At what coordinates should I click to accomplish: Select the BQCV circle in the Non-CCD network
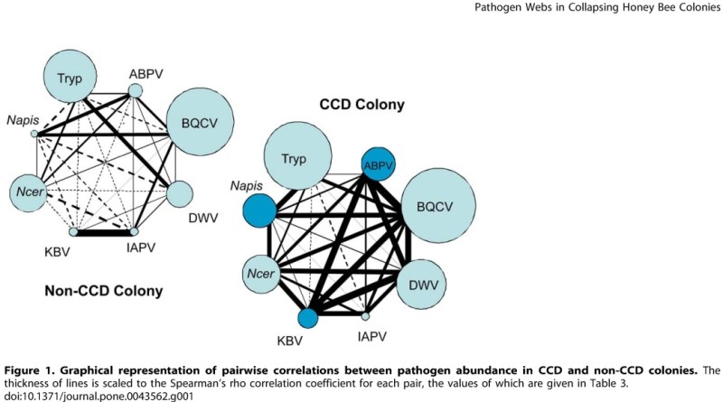[x=199, y=118]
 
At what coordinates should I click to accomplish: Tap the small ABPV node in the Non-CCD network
[x=135, y=90]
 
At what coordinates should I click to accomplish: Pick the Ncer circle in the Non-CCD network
[x=27, y=191]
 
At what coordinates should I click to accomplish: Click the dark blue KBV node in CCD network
[x=308, y=318]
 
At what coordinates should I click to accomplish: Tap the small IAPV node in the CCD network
[x=366, y=316]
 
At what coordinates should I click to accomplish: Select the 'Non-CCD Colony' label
[x=104, y=291]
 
